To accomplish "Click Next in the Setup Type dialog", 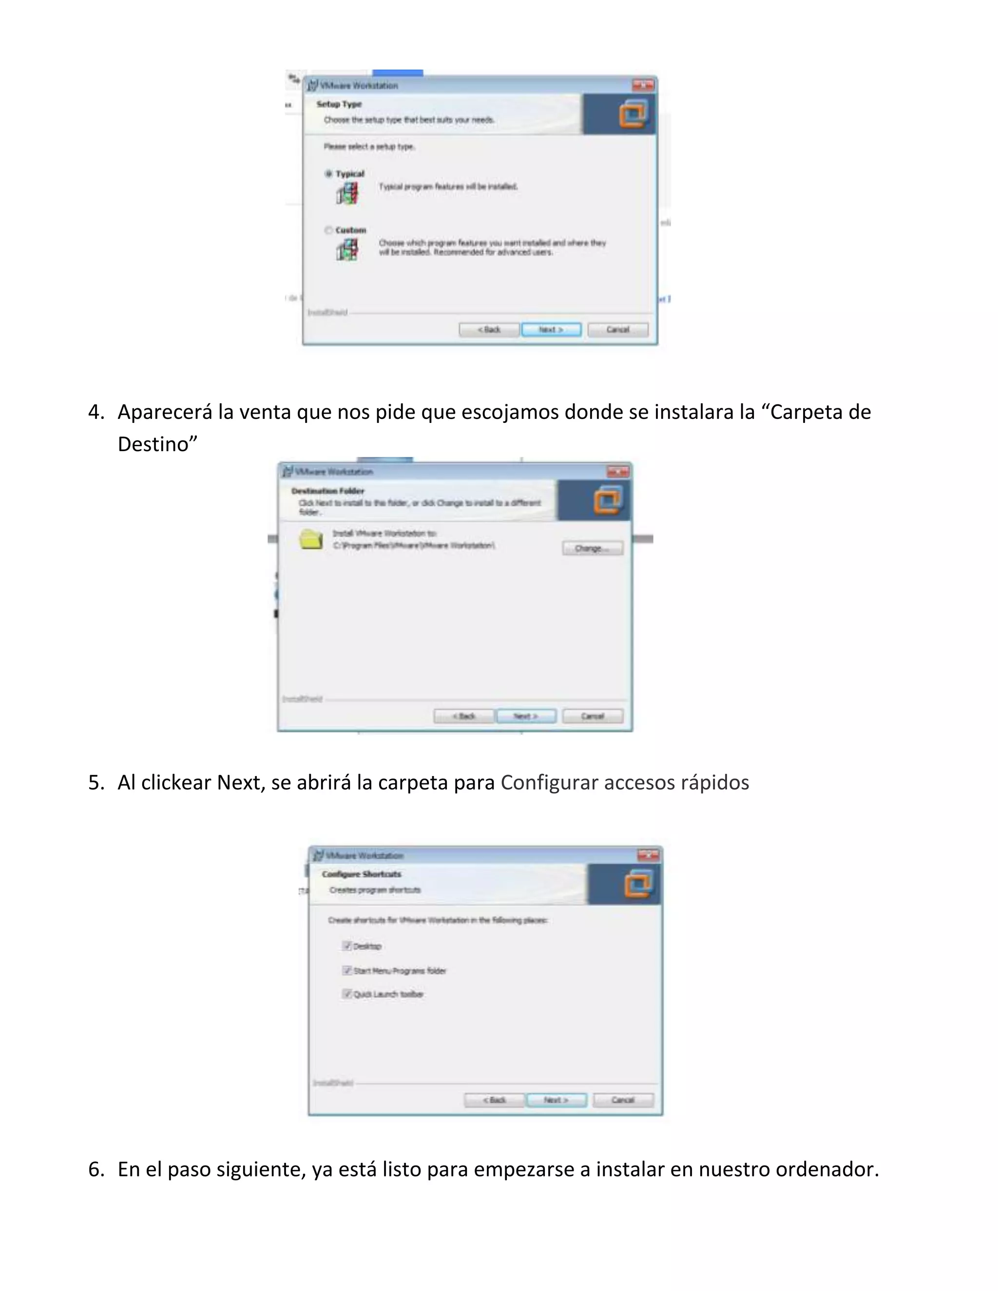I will (551, 330).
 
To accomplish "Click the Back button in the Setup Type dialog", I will (489, 330).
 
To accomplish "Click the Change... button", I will (592, 549).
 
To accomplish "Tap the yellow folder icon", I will (311, 540).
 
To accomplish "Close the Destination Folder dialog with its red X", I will (618, 472).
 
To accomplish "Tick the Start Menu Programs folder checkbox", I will (347, 970).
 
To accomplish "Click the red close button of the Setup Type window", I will (643, 86).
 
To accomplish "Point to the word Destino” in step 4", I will (157, 444).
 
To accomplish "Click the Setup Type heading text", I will (339, 104).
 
